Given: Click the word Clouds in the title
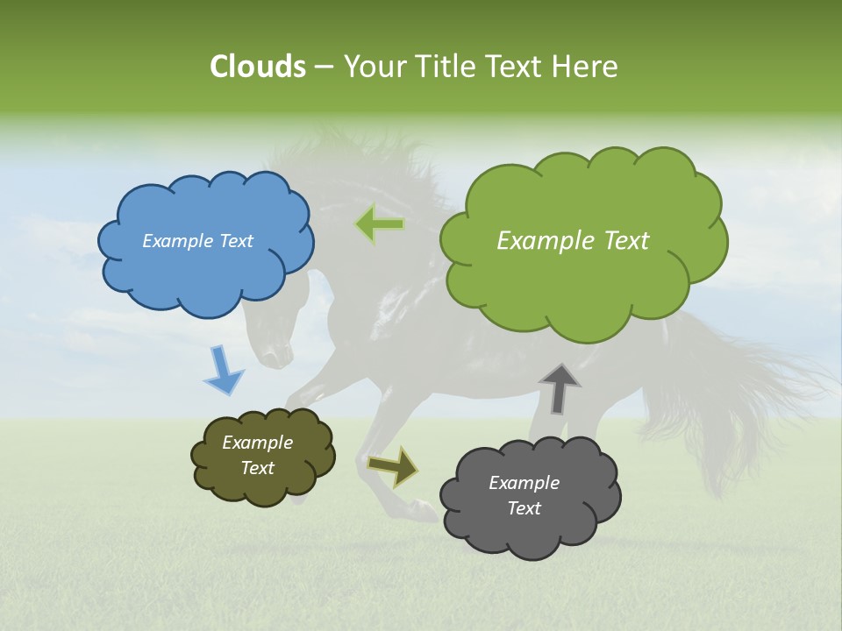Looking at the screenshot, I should pos(257,67).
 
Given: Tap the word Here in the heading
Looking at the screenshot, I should pos(588,67).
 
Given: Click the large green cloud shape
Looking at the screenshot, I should pos(583,280).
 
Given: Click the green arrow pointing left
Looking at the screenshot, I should pos(380,224).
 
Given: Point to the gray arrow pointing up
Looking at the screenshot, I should pos(560,388).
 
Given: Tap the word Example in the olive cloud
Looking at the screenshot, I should pos(257,443).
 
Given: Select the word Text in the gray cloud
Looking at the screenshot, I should pos(524,508).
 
